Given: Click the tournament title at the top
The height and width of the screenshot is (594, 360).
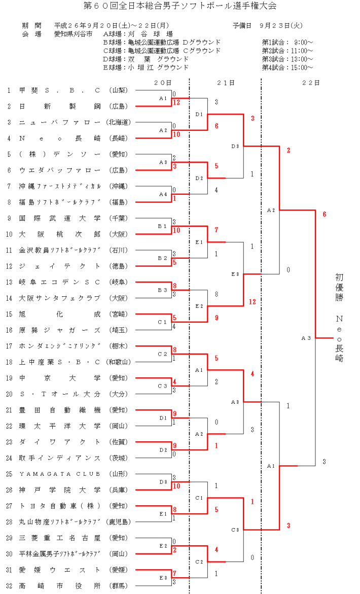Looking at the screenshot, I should coord(179,6).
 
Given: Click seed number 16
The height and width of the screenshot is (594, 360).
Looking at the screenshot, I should coord(9,330).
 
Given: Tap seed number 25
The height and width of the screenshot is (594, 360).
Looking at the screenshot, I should coord(9,474).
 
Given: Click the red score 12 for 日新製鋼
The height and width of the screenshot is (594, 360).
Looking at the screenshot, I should coord(176,102).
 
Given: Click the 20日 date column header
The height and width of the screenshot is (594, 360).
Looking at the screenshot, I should coord(163,82).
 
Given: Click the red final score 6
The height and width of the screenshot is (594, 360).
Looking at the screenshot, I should coord(324,214).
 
